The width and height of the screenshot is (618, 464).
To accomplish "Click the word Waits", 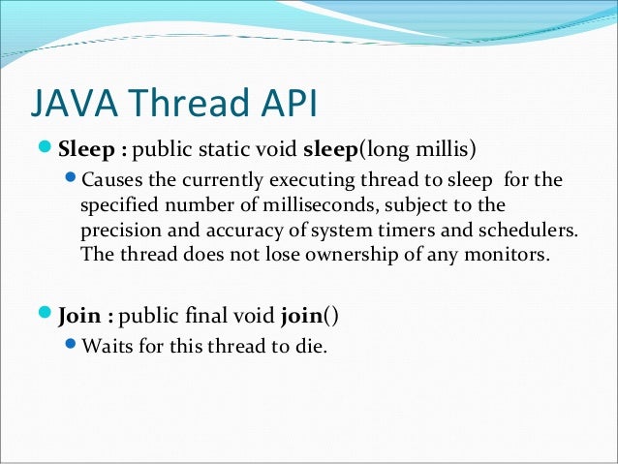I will click(108, 346).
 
